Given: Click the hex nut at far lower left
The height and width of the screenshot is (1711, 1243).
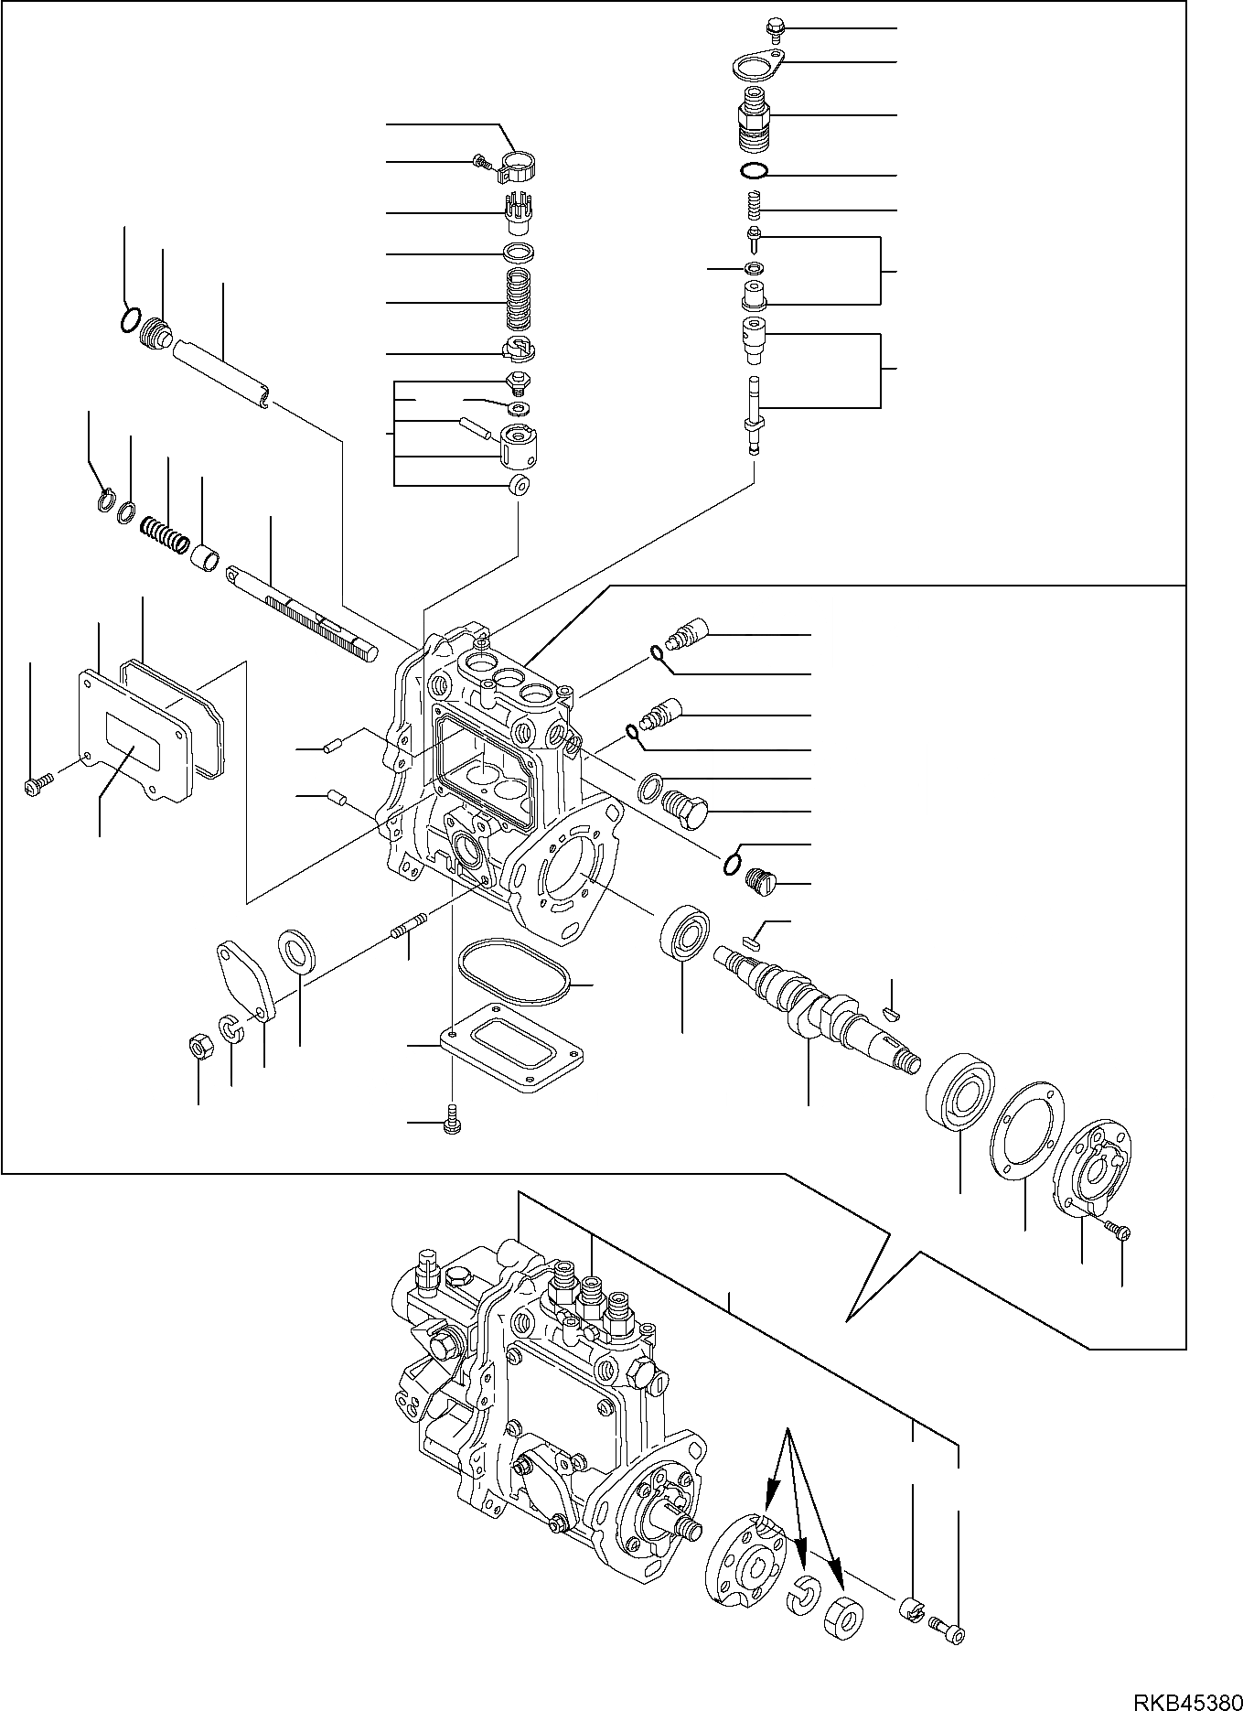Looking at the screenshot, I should [x=198, y=1045].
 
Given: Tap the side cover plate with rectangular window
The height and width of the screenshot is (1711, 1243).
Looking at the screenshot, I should [x=134, y=741].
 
